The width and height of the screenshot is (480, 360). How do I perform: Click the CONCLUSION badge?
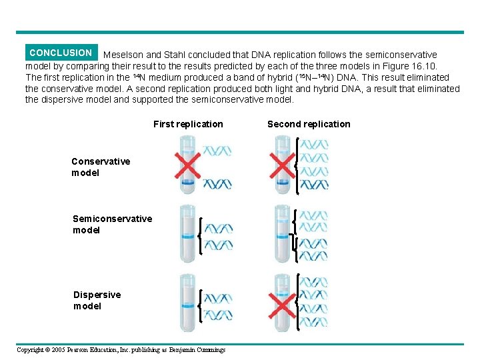[61, 53]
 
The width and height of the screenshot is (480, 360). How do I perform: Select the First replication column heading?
[188, 124]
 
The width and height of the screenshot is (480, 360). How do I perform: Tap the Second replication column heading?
[309, 124]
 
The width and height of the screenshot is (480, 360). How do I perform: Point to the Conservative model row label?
[101, 167]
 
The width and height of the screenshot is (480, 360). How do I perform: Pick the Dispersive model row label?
[97, 300]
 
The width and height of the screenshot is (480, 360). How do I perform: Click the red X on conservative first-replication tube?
[187, 167]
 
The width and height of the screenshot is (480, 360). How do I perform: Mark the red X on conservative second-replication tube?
[282, 165]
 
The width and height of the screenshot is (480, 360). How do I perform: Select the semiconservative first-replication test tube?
[187, 233]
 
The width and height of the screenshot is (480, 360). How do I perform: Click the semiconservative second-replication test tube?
[282, 233]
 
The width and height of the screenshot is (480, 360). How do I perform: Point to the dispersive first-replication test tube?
[187, 303]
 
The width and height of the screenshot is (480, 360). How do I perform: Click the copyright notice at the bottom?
[121, 350]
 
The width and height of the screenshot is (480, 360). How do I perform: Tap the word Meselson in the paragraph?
[123, 55]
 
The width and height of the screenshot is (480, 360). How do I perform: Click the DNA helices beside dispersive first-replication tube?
[218, 306]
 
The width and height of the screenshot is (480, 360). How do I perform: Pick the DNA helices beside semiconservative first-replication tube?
[218, 237]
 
